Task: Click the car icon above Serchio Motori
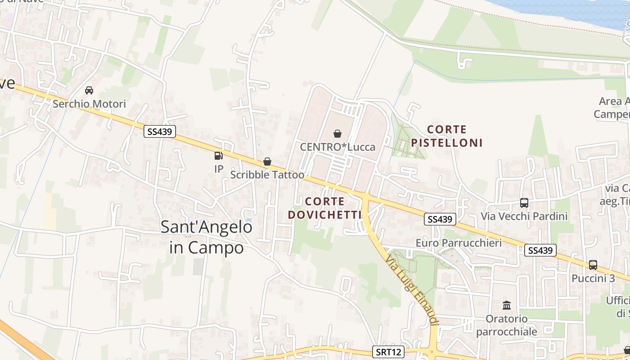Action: [89, 90]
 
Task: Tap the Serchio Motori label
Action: [89, 104]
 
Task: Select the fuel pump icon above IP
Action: [218, 156]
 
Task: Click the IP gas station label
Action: [219, 169]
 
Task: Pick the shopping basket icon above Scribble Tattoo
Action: [267, 162]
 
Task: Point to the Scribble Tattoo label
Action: [267, 175]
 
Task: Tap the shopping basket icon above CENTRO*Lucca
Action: [337, 134]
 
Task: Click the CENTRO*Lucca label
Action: [337, 147]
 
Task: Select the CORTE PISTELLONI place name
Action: [446, 136]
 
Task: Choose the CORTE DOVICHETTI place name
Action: [325, 208]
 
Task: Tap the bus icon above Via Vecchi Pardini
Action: [524, 203]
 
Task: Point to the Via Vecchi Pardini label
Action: [524, 216]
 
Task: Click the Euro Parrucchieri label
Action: [459, 243]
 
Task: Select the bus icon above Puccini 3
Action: [593, 265]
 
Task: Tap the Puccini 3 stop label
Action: [593, 278]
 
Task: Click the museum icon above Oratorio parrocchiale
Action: [507, 306]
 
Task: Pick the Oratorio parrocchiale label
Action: [507, 325]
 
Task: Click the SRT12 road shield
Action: [388, 351]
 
